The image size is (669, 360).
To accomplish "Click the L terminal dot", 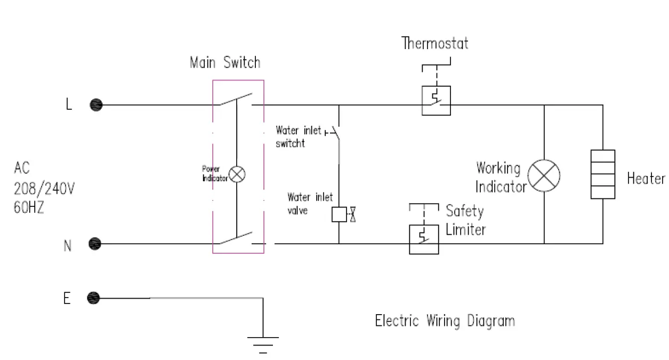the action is coord(96,105).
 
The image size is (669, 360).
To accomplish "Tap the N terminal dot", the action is coord(95,244).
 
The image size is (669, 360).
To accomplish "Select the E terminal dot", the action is coord(93,298).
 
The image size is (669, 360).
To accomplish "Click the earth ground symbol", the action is coord(263,345).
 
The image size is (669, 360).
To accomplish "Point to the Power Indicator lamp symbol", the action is coord(237,174).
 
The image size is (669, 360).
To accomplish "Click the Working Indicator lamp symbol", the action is coord(544,175).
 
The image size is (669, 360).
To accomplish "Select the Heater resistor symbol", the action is coord(603,174).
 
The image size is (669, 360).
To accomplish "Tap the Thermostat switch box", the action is coord(437,101).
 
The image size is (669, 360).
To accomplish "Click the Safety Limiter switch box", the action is coord(424,239).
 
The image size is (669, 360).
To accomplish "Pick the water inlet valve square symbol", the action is coord(339,214).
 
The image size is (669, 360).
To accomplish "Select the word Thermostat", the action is coord(435,43).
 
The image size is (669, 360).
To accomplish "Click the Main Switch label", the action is coord(225,62).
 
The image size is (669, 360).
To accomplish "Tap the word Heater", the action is coord(646,178).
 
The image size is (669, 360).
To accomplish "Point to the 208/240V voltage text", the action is coord(44,188).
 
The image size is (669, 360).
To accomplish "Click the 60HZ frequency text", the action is coord(29,207).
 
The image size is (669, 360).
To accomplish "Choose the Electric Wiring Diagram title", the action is coord(445,321).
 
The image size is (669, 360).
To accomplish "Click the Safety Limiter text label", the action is coord(465,220).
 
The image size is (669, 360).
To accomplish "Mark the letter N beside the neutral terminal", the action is coord(68,246).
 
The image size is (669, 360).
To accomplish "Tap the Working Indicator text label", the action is coord(501,177).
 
